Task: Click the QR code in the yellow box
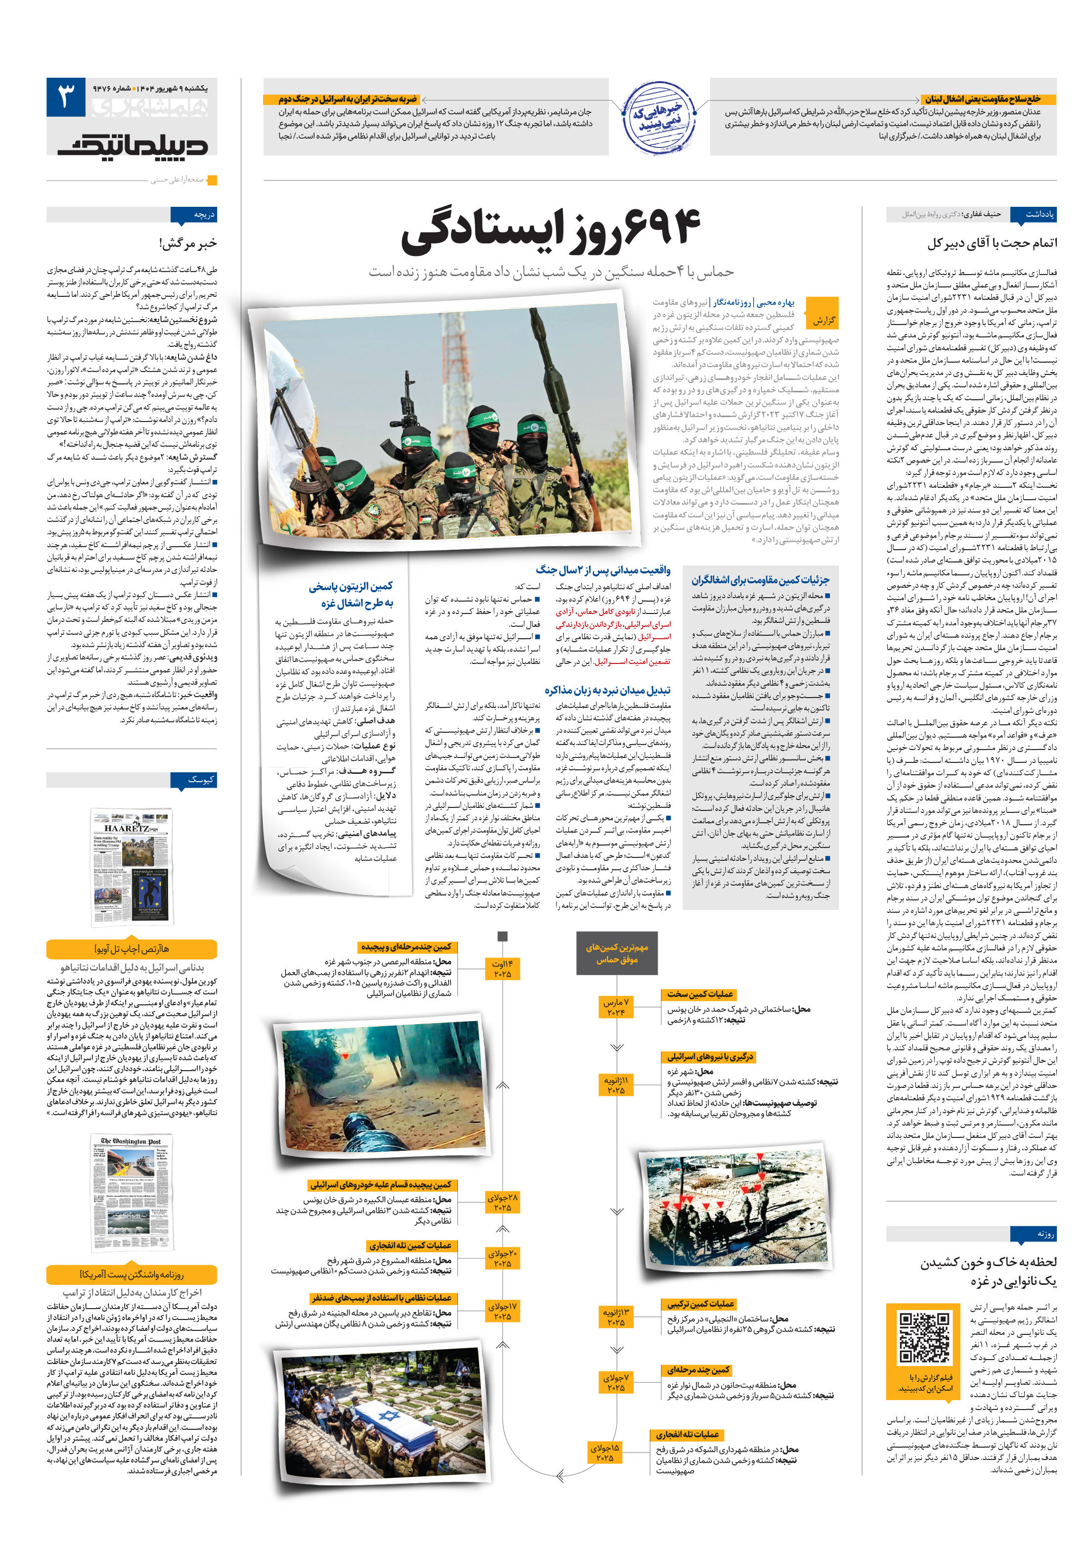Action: pos(924,1338)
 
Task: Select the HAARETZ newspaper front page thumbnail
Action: pos(132,867)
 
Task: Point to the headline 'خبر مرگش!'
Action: pos(188,243)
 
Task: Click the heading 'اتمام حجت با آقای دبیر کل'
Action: pos(992,243)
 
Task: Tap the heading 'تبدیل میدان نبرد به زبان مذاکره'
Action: pos(607,690)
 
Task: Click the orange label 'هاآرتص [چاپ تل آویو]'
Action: pos(132,949)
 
